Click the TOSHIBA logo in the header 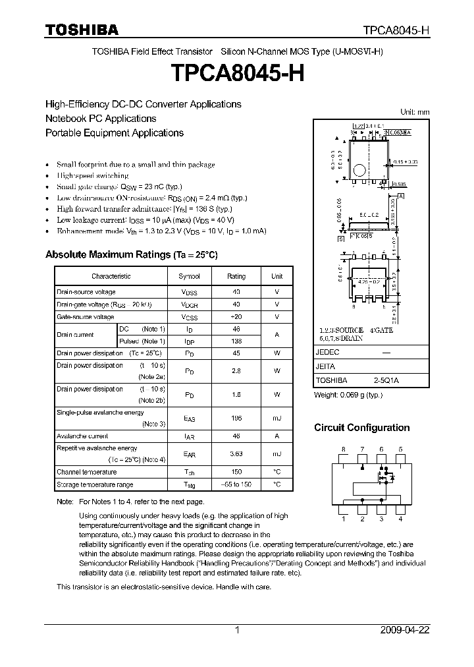[x=82, y=30]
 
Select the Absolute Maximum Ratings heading [x=131, y=254]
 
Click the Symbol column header [x=190, y=276]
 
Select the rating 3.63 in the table [x=236, y=454]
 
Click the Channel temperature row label [x=86, y=472]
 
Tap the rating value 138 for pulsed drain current [x=236, y=341]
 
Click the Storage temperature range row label [x=95, y=484]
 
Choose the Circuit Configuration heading [x=361, y=428]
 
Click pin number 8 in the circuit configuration [x=343, y=449]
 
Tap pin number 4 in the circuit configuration [x=400, y=519]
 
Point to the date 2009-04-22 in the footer [x=405, y=630]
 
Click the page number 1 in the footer [x=237, y=630]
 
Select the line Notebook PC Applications [x=101, y=119]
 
